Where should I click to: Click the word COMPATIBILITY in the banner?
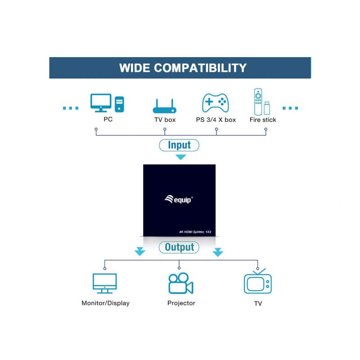200,68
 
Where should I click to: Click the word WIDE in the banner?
135,68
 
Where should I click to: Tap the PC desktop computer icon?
107,103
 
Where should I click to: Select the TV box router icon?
165,106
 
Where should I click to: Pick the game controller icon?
216,103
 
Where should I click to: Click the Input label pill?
179,145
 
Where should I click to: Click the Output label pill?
179,247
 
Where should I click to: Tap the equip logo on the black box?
179,199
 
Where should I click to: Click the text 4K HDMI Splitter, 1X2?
195,232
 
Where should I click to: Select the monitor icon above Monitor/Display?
105,283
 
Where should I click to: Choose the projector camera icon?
181,283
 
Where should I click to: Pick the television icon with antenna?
257,281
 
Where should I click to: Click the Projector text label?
181,303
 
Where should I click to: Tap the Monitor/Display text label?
106,303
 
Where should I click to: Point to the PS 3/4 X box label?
216,120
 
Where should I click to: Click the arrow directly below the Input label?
181,157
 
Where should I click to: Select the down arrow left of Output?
140,252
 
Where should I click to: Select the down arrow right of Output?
218,252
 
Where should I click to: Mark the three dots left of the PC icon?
71,108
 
